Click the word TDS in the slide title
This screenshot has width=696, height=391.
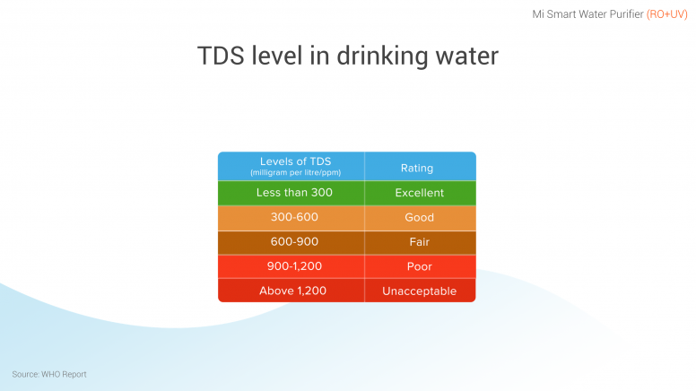(221, 56)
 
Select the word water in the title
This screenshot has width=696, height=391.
(467, 56)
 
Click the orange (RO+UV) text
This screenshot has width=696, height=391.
(666, 14)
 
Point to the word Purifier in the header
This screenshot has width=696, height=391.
(626, 14)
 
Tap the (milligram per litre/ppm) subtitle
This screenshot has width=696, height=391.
(296, 173)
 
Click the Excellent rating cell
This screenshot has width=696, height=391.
(420, 193)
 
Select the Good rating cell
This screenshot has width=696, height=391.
(420, 217)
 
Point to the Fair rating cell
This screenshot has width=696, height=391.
(420, 242)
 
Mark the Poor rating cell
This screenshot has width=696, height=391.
(420, 266)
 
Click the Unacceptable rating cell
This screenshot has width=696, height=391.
(420, 291)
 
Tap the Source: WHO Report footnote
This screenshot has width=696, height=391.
(49, 375)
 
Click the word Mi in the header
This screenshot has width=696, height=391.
(538, 14)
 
